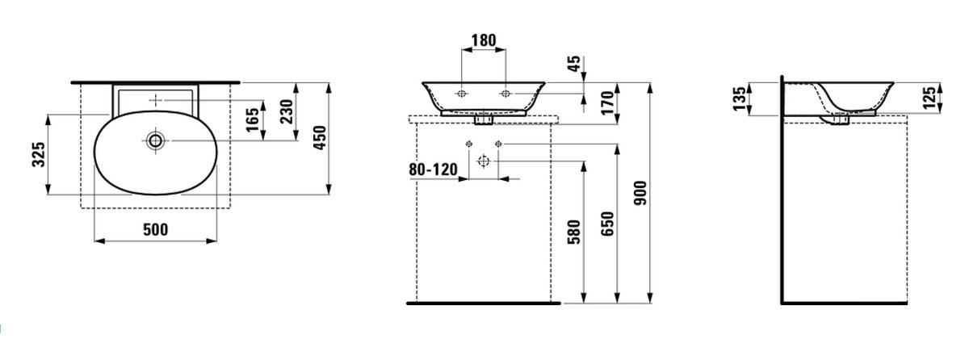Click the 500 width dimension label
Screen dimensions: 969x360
pos(155,229)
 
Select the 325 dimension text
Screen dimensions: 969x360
pos(39,154)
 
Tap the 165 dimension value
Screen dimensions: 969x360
pos(252,119)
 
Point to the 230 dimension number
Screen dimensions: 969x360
pos(286,111)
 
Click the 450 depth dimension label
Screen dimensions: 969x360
pos(320,138)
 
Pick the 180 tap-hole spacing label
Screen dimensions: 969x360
pos(483,40)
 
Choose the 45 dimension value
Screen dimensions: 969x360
pos(574,64)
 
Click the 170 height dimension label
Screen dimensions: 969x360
pos(607,103)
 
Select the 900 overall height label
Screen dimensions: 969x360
pos(640,193)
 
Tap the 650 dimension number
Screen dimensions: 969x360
pos(607,224)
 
